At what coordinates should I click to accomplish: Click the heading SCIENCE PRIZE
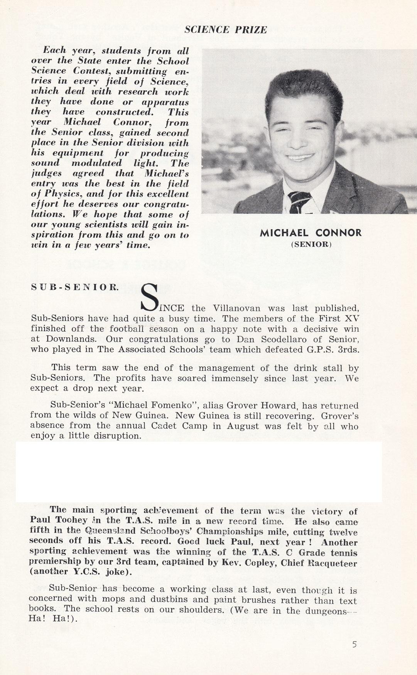(225, 30)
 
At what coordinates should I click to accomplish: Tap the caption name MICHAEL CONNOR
(311, 233)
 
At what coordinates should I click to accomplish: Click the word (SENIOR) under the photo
(311, 244)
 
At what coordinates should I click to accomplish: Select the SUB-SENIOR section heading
(75, 287)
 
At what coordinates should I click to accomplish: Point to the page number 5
(354, 644)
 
